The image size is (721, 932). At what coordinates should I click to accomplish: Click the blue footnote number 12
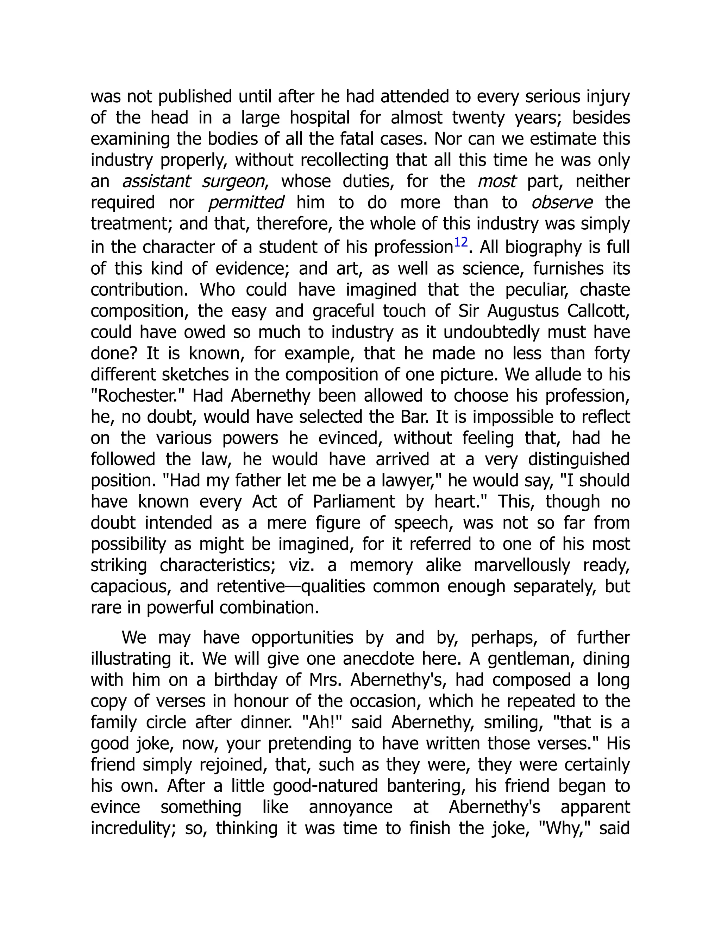click(460, 243)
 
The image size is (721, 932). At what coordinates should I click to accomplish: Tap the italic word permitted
click(246, 202)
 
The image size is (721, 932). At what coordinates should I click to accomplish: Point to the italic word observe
click(561, 202)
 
